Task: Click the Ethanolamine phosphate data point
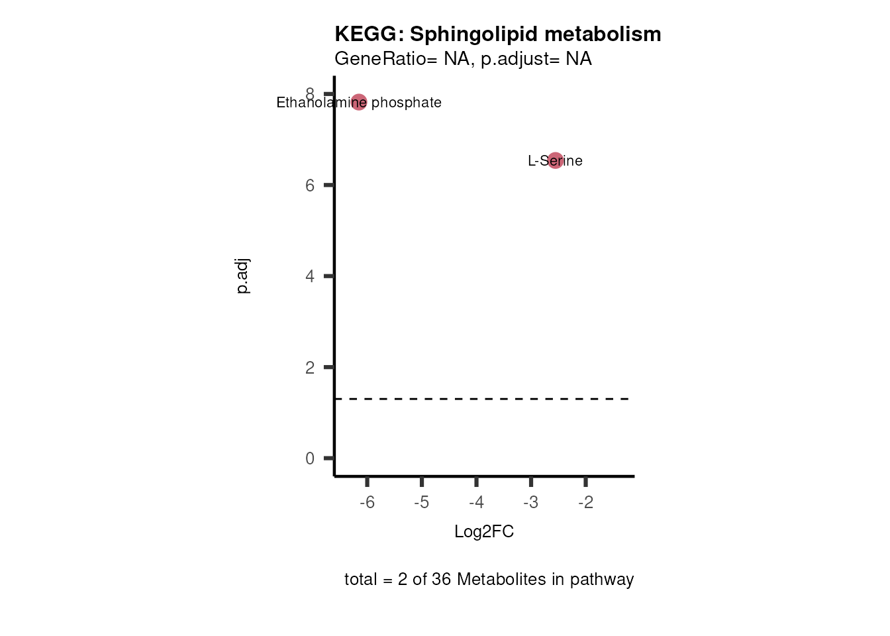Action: (358, 102)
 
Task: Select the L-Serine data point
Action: (555, 160)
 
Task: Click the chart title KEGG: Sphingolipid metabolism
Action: (497, 34)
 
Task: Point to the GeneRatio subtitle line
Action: (463, 59)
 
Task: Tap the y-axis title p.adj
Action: (243, 276)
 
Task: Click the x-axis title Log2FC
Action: (484, 532)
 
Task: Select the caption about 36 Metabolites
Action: (489, 580)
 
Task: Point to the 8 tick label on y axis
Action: (310, 93)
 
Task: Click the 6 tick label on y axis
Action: (310, 185)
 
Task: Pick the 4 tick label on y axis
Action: (310, 276)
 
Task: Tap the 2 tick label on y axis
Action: (310, 368)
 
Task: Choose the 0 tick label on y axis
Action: (310, 458)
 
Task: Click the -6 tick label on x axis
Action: (367, 503)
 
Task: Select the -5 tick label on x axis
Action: (422, 503)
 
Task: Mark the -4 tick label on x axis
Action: (476, 503)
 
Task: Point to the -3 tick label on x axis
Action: (530, 503)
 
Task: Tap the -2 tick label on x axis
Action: (585, 503)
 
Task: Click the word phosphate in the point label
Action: (406, 103)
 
